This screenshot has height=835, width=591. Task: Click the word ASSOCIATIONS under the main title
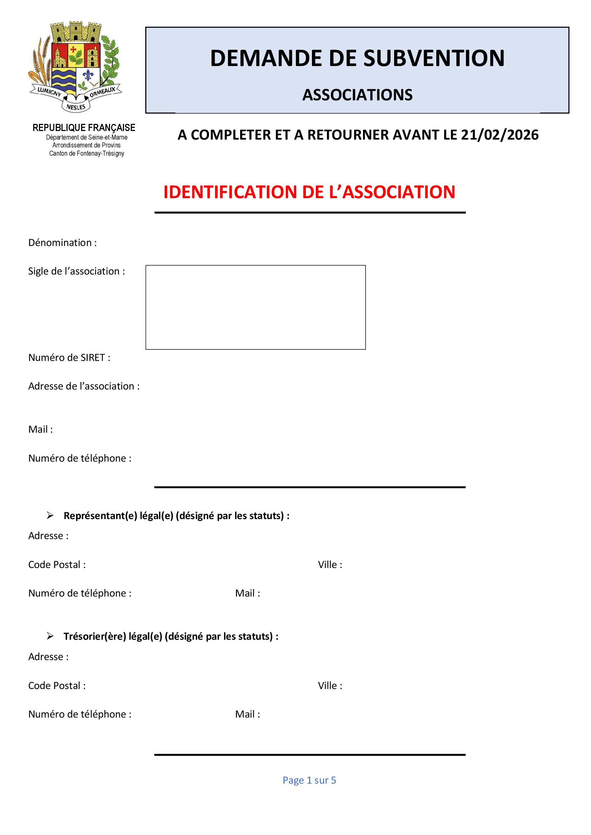click(x=357, y=95)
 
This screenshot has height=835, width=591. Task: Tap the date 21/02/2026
click(x=500, y=135)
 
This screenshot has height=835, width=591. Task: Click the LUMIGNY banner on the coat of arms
click(x=49, y=92)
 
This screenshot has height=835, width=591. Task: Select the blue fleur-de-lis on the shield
click(x=88, y=76)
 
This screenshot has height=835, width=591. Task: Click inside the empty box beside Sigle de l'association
click(x=255, y=307)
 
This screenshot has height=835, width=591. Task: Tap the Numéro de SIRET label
click(x=69, y=357)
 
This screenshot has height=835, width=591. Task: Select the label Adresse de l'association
click(x=84, y=386)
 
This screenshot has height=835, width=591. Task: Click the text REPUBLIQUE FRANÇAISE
click(x=84, y=128)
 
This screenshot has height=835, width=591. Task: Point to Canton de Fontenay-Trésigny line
click(x=86, y=154)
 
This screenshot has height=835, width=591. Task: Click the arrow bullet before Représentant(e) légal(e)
click(x=50, y=515)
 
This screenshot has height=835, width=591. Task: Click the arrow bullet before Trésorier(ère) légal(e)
click(x=50, y=636)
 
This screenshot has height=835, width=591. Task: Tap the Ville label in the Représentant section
click(x=330, y=564)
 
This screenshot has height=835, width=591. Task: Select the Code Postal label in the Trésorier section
click(x=57, y=685)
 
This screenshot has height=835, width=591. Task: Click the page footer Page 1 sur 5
click(x=309, y=780)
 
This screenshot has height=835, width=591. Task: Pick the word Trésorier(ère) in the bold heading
click(x=95, y=636)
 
